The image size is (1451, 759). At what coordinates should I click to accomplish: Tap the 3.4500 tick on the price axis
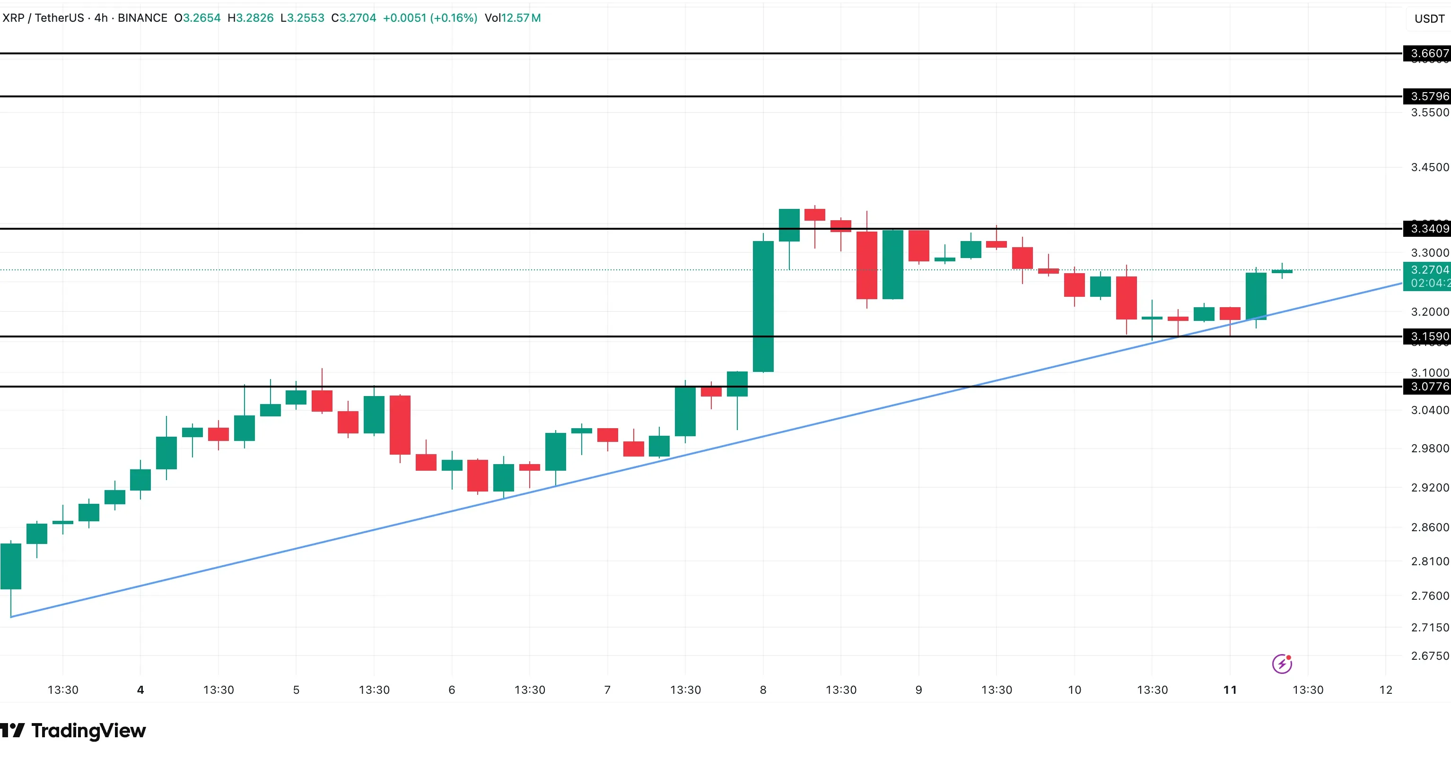(x=1430, y=167)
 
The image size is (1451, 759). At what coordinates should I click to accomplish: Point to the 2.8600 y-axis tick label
(x=1430, y=527)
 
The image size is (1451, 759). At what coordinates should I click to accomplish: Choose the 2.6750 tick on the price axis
(x=1430, y=655)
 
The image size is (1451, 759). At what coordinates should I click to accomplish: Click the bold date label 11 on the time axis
(x=1230, y=690)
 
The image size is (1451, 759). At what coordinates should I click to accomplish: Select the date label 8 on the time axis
(x=763, y=690)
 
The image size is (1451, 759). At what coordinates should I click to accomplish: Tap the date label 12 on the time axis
(x=1386, y=690)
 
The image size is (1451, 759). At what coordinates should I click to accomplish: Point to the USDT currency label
(x=1429, y=18)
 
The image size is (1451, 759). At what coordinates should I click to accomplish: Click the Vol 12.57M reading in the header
(x=513, y=18)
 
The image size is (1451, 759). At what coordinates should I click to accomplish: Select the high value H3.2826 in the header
(x=251, y=18)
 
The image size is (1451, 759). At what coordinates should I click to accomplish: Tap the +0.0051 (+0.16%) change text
(x=430, y=18)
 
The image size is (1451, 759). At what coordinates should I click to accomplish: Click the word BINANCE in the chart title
(x=142, y=18)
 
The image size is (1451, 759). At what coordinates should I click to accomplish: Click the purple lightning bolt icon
(x=1282, y=664)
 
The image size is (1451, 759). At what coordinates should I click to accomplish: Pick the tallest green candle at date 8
(x=763, y=306)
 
